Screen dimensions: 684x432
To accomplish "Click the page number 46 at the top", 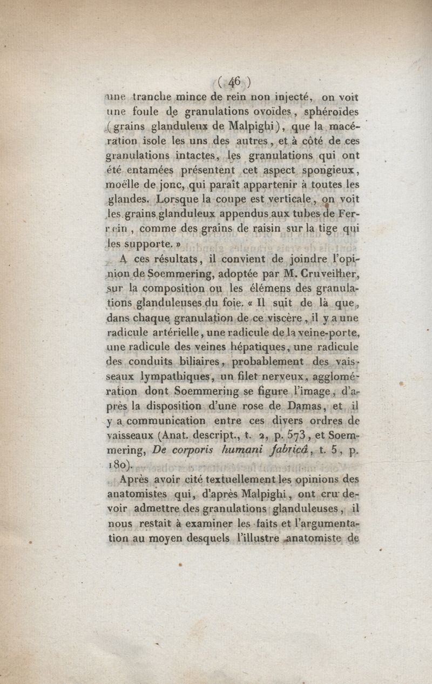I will click(x=234, y=82).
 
